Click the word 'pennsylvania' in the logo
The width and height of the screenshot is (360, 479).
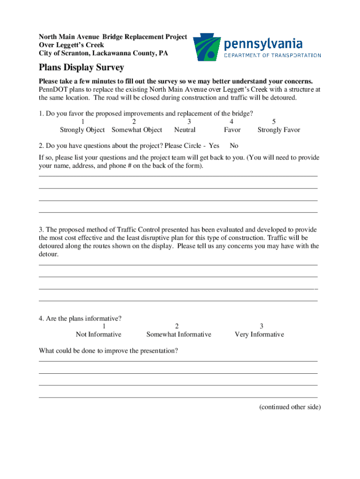click(x=263, y=44)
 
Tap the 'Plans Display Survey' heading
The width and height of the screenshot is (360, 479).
click(x=81, y=67)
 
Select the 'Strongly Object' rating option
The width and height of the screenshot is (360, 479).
click(x=82, y=130)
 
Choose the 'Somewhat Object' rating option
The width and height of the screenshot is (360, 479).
click(x=137, y=130)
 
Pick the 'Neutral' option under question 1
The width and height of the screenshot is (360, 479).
click(x=185, y=130)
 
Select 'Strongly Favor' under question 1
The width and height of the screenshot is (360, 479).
click(x=279, y=130)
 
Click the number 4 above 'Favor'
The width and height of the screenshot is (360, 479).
click(x=232, y=122)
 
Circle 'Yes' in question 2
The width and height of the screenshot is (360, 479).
click(x=214, y=146)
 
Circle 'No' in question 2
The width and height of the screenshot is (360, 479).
click(x=234, y=146)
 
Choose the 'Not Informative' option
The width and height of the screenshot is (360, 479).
click(x=99, y=334)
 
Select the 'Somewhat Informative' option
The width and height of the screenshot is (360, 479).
click(x=179, y=334)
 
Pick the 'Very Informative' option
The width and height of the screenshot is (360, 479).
click(x=259, y=334)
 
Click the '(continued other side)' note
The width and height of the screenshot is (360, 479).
click(x=290, y=407)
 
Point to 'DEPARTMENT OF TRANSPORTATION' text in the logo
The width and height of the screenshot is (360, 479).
click(x=273, y=55)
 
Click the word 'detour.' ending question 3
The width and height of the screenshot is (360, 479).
click(x=49, y=254)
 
